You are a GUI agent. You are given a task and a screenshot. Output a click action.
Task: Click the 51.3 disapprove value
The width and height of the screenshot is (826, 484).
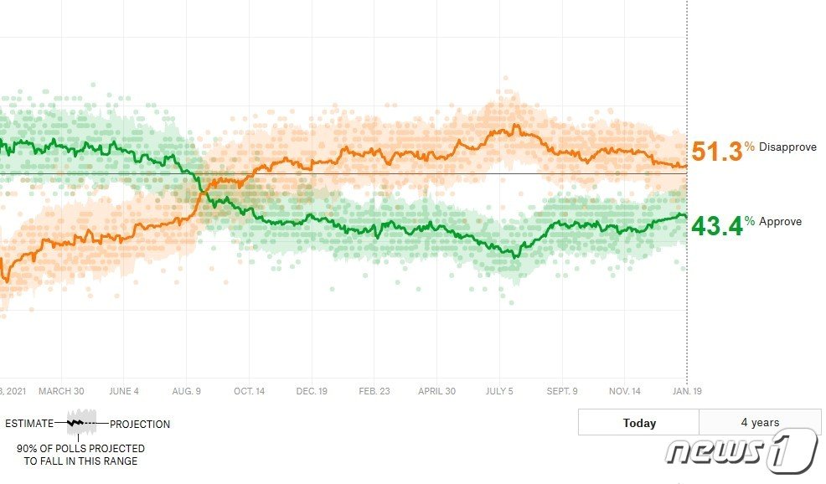pos(717,152)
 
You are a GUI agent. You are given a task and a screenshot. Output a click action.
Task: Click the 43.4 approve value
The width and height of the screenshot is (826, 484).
pos(717,225)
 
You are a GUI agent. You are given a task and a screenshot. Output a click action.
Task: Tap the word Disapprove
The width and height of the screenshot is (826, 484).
pos(787,147)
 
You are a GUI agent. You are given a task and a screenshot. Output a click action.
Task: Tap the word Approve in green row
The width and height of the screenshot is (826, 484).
pos(780,222)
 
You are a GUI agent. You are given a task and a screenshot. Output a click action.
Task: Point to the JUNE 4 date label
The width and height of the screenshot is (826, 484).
pos(123,391)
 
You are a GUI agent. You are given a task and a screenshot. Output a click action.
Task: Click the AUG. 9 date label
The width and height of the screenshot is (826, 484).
pos(186,391)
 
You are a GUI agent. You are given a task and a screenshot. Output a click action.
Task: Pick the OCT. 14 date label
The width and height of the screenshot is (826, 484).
pos(249,391)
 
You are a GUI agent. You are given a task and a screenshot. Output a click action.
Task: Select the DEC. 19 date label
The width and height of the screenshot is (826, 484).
pos(311,391)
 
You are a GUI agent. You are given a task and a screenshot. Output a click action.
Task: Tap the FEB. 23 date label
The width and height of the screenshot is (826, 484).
pos(374,391)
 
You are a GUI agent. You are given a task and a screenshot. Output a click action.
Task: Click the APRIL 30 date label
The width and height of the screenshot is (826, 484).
pos(436,391)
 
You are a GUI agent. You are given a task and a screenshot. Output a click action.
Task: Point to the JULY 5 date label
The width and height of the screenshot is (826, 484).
pos(498,391)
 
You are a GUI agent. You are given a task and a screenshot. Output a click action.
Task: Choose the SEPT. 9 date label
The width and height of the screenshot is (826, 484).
pos(561,391)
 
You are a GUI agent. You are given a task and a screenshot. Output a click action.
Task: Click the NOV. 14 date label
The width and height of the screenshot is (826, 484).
pos(624,391)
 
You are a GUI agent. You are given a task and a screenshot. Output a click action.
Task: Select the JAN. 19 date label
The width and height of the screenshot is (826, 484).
pos(686,391)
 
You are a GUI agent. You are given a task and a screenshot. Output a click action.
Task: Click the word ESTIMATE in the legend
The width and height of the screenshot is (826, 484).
pos(29,425)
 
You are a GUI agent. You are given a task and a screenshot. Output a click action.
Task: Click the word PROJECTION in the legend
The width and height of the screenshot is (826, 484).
pos(140,425)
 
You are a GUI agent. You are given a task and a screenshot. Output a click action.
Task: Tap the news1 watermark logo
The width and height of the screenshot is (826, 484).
pos(741,452)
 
